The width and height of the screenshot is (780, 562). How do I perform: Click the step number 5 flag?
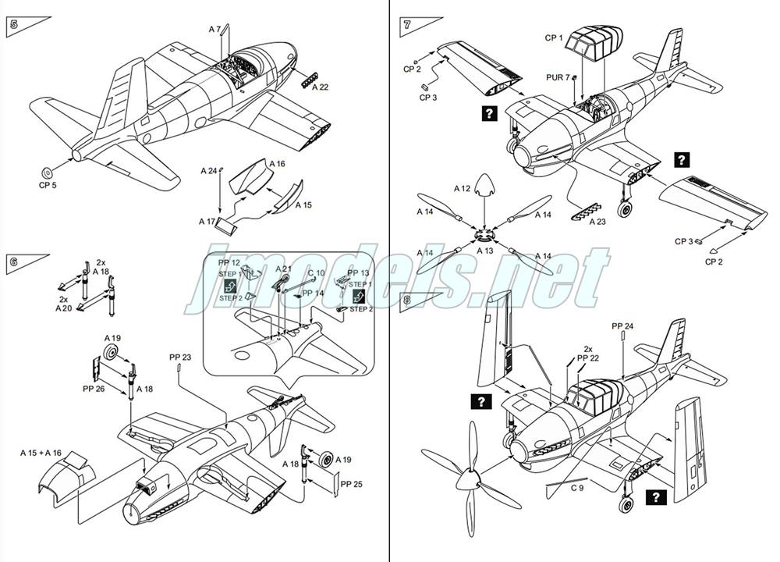tap(13, 24)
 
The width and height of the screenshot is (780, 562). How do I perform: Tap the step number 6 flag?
tap(13, 262)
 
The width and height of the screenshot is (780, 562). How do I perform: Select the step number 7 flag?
tap(406, 24)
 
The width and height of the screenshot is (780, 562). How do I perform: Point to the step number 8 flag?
tap(406, 300)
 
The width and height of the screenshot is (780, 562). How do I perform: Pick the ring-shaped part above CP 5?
tap(48, 172)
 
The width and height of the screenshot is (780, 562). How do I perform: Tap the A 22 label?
tap(320, 87)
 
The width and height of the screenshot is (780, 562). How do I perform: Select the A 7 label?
tap(214, 29)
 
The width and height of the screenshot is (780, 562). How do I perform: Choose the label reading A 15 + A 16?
tap(41, 452)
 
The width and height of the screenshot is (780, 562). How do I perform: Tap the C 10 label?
tap(316, 273)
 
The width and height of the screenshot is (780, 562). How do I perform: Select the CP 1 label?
tap(553, 37)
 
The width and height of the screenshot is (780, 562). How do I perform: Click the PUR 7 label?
tap(557, 76)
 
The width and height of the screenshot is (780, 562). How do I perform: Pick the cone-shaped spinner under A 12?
tap(485, 184)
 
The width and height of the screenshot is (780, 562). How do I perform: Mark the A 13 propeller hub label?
tap(484, 251)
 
